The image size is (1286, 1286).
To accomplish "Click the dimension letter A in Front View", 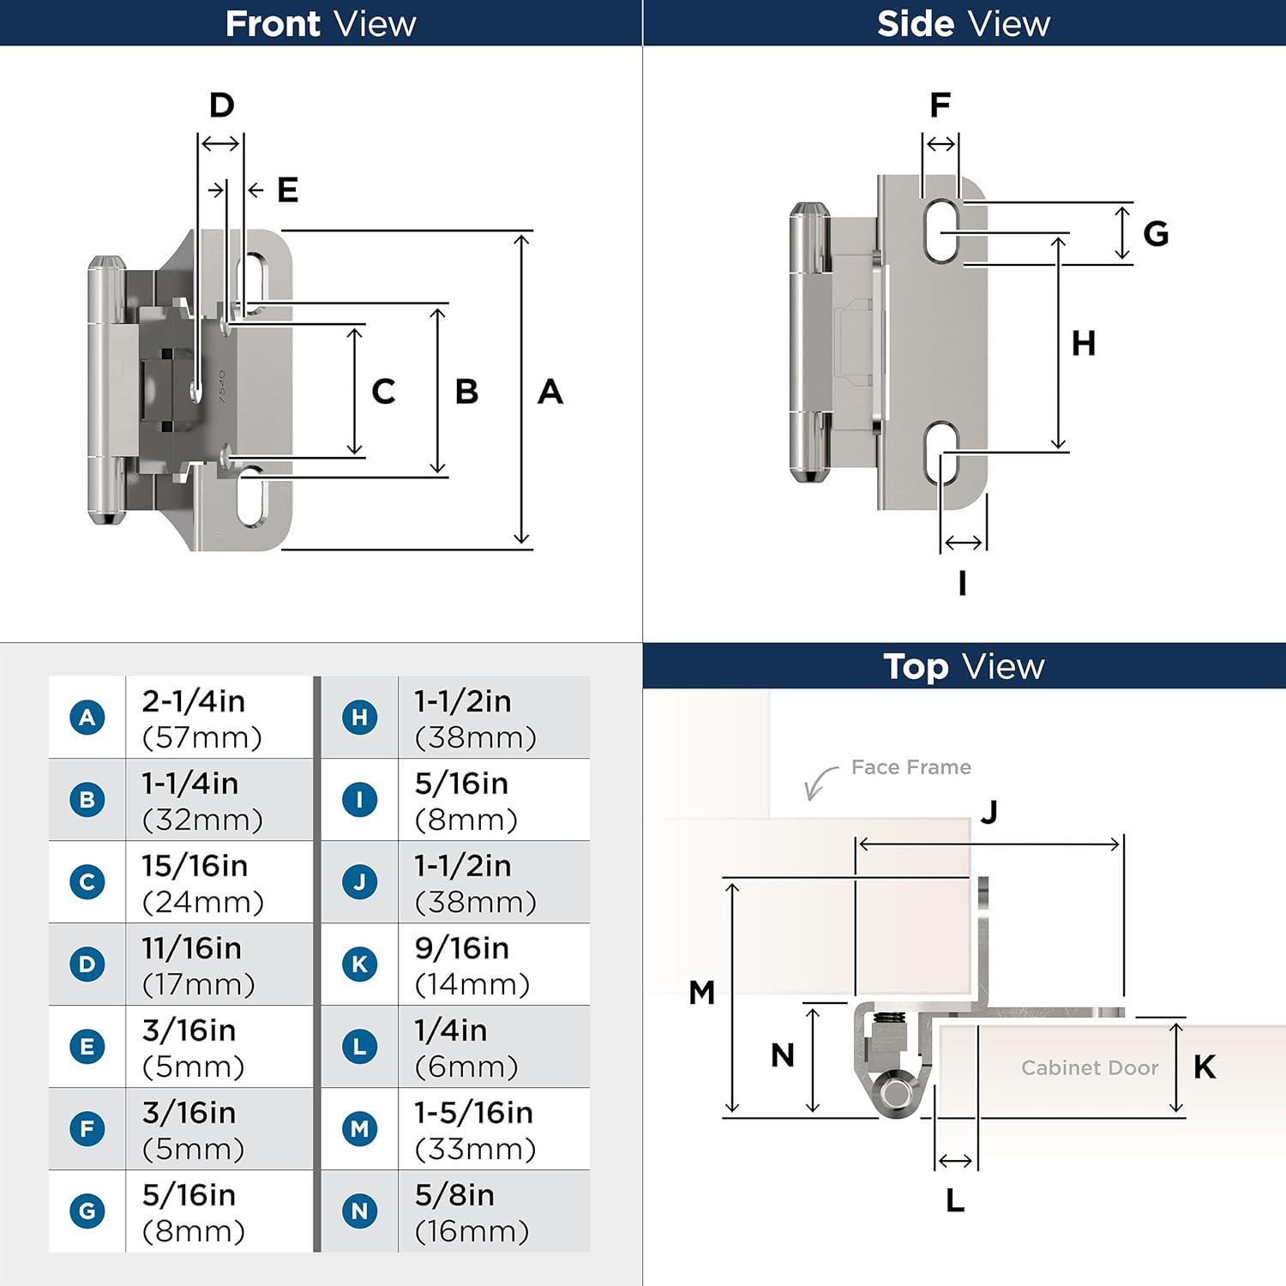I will click(x=550, y=392).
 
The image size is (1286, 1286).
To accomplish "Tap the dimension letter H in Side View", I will click(x=1083, y=344).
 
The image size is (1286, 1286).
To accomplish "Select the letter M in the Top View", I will click(x=701, y=993).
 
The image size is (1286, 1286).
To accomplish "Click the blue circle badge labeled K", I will click(x=359, y=964).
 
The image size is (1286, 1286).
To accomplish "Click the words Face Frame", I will click(x=910, y=767).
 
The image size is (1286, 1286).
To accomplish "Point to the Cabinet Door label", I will click(x=1090, y=1067).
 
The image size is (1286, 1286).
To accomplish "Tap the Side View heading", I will click(x=964, y=23).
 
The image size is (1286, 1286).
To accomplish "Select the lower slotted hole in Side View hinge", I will click(x=941, y=452).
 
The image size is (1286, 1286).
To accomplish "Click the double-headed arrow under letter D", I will click(x=220, y=144).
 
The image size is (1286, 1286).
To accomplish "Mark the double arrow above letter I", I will click(x=964, y=543).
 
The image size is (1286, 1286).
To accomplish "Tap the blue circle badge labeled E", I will click(x=87, y=1047).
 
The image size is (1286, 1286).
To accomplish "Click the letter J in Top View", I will click(x=989, y=811).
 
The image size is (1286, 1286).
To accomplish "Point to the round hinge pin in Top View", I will click(x=897, y=1093).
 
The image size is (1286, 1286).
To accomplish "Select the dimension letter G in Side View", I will click(x=1156, y=233).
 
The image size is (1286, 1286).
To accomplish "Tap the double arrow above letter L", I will click(x=955, y=1161).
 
